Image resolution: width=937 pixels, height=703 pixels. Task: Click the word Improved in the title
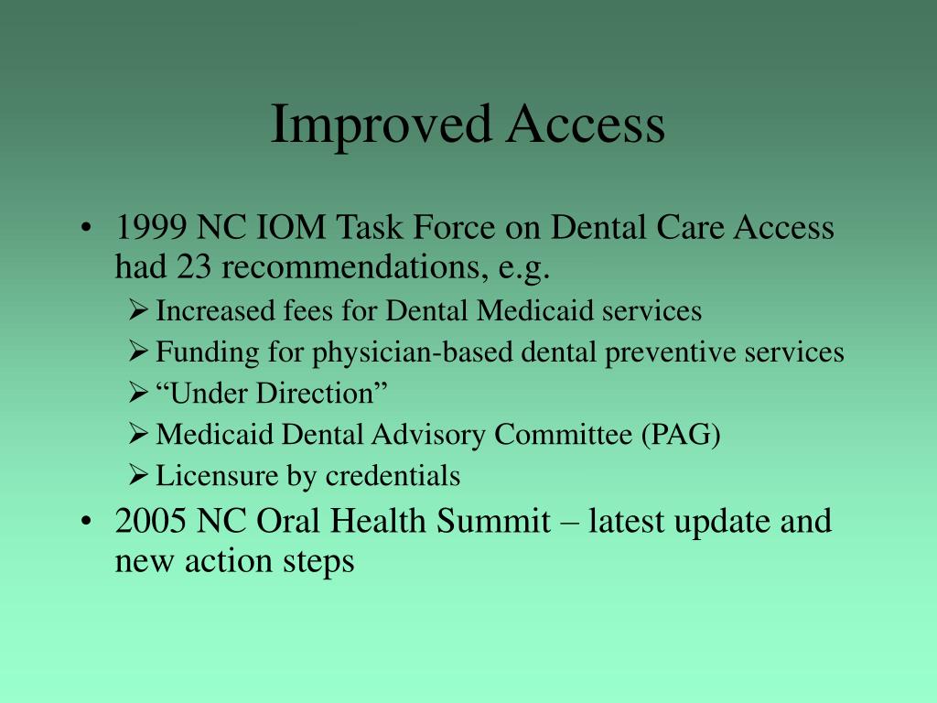pos(373,125)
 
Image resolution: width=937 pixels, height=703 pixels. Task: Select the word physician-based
pos(369,352)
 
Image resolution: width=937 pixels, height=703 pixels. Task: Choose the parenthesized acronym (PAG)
pos(679,435)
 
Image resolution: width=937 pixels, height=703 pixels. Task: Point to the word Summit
pos(494,521)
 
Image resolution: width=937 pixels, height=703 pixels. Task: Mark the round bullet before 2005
pos(85,522)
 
